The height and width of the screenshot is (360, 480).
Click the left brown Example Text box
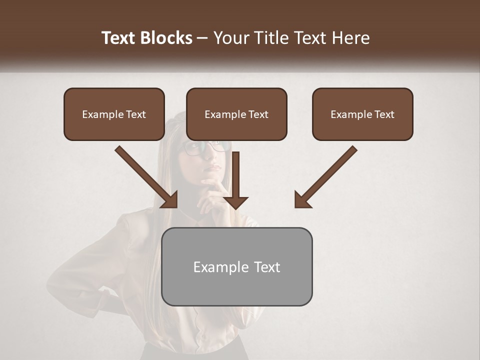coord(114,114)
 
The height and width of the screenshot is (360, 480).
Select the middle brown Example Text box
coord(236,114)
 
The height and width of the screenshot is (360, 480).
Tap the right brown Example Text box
coord(362,114)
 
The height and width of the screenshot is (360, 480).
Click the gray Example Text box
coord(236,266)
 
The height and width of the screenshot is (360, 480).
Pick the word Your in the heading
coord(229,38)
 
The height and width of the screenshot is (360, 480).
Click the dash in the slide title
coord(202,38)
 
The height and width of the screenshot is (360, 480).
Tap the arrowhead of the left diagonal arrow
coord(170,199)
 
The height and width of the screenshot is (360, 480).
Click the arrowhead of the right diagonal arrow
coord(302,199)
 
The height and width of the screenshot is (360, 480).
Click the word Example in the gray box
coord(214,267)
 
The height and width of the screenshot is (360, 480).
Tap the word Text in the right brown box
coord(383,114)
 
